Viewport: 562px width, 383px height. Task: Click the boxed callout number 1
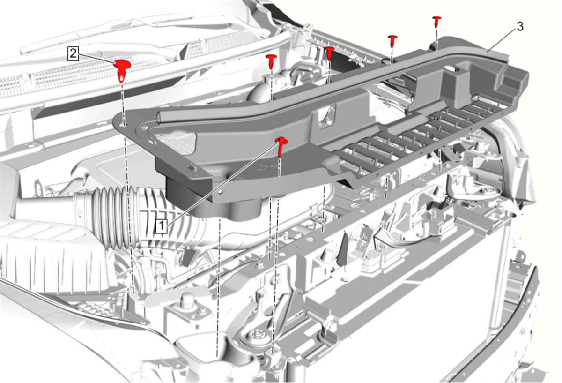coord(161,226)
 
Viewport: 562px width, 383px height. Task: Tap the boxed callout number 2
coord(73,54)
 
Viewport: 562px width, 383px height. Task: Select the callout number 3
coord(520,26)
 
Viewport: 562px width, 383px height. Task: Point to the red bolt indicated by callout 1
coord(281,147)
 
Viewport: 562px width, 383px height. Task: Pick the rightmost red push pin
coord(437,22)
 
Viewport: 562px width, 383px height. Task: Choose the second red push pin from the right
coord(392,40)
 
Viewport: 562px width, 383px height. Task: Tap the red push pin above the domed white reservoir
coord(271,61)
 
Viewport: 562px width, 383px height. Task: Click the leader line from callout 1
coord(222,183)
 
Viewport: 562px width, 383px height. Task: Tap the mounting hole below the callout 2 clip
coord(124,124)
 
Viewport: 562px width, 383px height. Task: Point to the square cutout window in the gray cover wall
coord(327,114)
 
